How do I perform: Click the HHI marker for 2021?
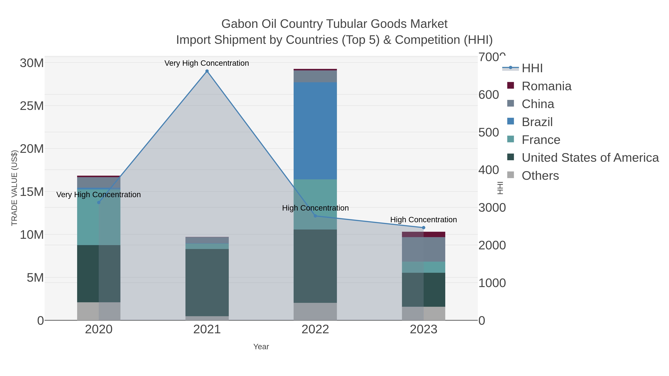point(207,71)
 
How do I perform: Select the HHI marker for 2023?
point(424,228)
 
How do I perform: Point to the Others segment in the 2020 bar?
point(99,311)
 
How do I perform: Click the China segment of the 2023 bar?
point(424,249)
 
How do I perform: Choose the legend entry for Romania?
point(546,86)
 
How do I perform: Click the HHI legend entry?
point(532,68)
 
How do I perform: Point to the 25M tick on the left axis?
point(32,106)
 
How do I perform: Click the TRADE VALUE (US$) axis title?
point(14,188)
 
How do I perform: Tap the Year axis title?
point(261,347)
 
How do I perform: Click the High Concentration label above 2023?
point(423,219)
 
